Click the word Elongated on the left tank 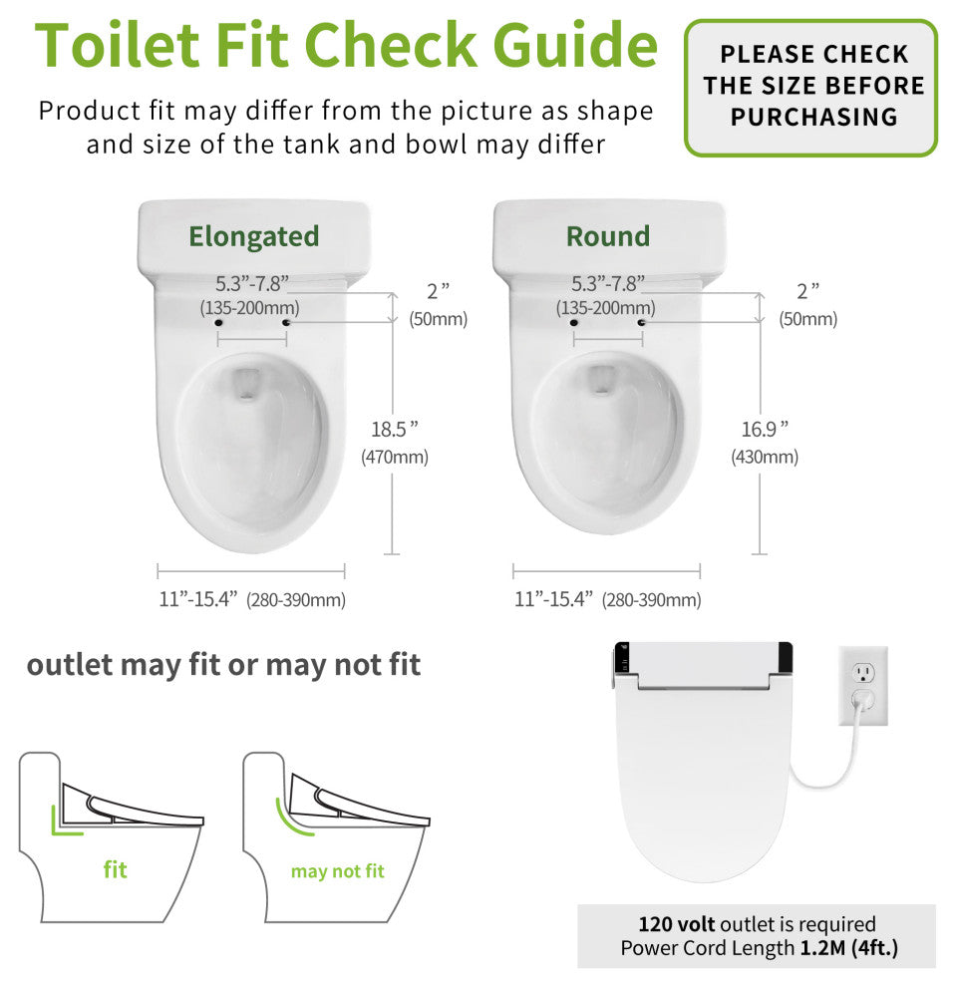254,236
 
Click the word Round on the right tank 608,236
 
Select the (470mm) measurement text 395,458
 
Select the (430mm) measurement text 765,458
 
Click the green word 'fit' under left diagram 116,869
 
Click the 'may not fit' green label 337,871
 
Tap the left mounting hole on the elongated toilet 218,323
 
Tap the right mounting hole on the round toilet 642,323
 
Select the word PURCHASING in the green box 813,117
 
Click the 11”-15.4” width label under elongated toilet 197,599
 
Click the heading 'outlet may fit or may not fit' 223,665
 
